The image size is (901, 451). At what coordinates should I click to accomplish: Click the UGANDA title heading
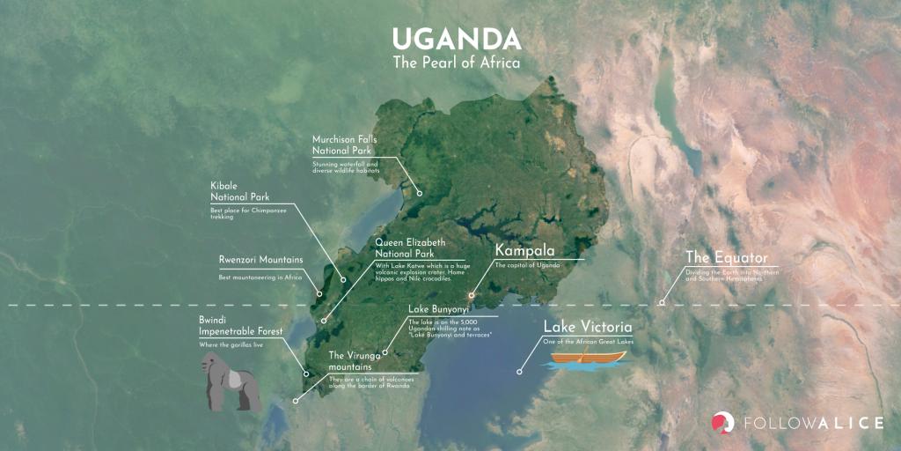456,39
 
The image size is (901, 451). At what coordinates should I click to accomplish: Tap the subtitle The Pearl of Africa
456,63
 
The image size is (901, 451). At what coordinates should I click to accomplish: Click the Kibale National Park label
239,191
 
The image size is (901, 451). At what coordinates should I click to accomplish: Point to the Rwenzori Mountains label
260,260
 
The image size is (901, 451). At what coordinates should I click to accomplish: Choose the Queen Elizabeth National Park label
410,248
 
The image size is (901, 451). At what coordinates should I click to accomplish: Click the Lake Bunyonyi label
437,309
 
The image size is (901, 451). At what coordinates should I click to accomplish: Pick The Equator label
726,258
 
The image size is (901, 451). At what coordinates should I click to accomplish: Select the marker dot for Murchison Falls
420,193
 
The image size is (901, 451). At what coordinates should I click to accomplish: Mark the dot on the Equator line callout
663,302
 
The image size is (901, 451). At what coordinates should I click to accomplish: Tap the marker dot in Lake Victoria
519,372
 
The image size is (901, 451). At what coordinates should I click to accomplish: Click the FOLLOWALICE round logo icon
723,423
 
